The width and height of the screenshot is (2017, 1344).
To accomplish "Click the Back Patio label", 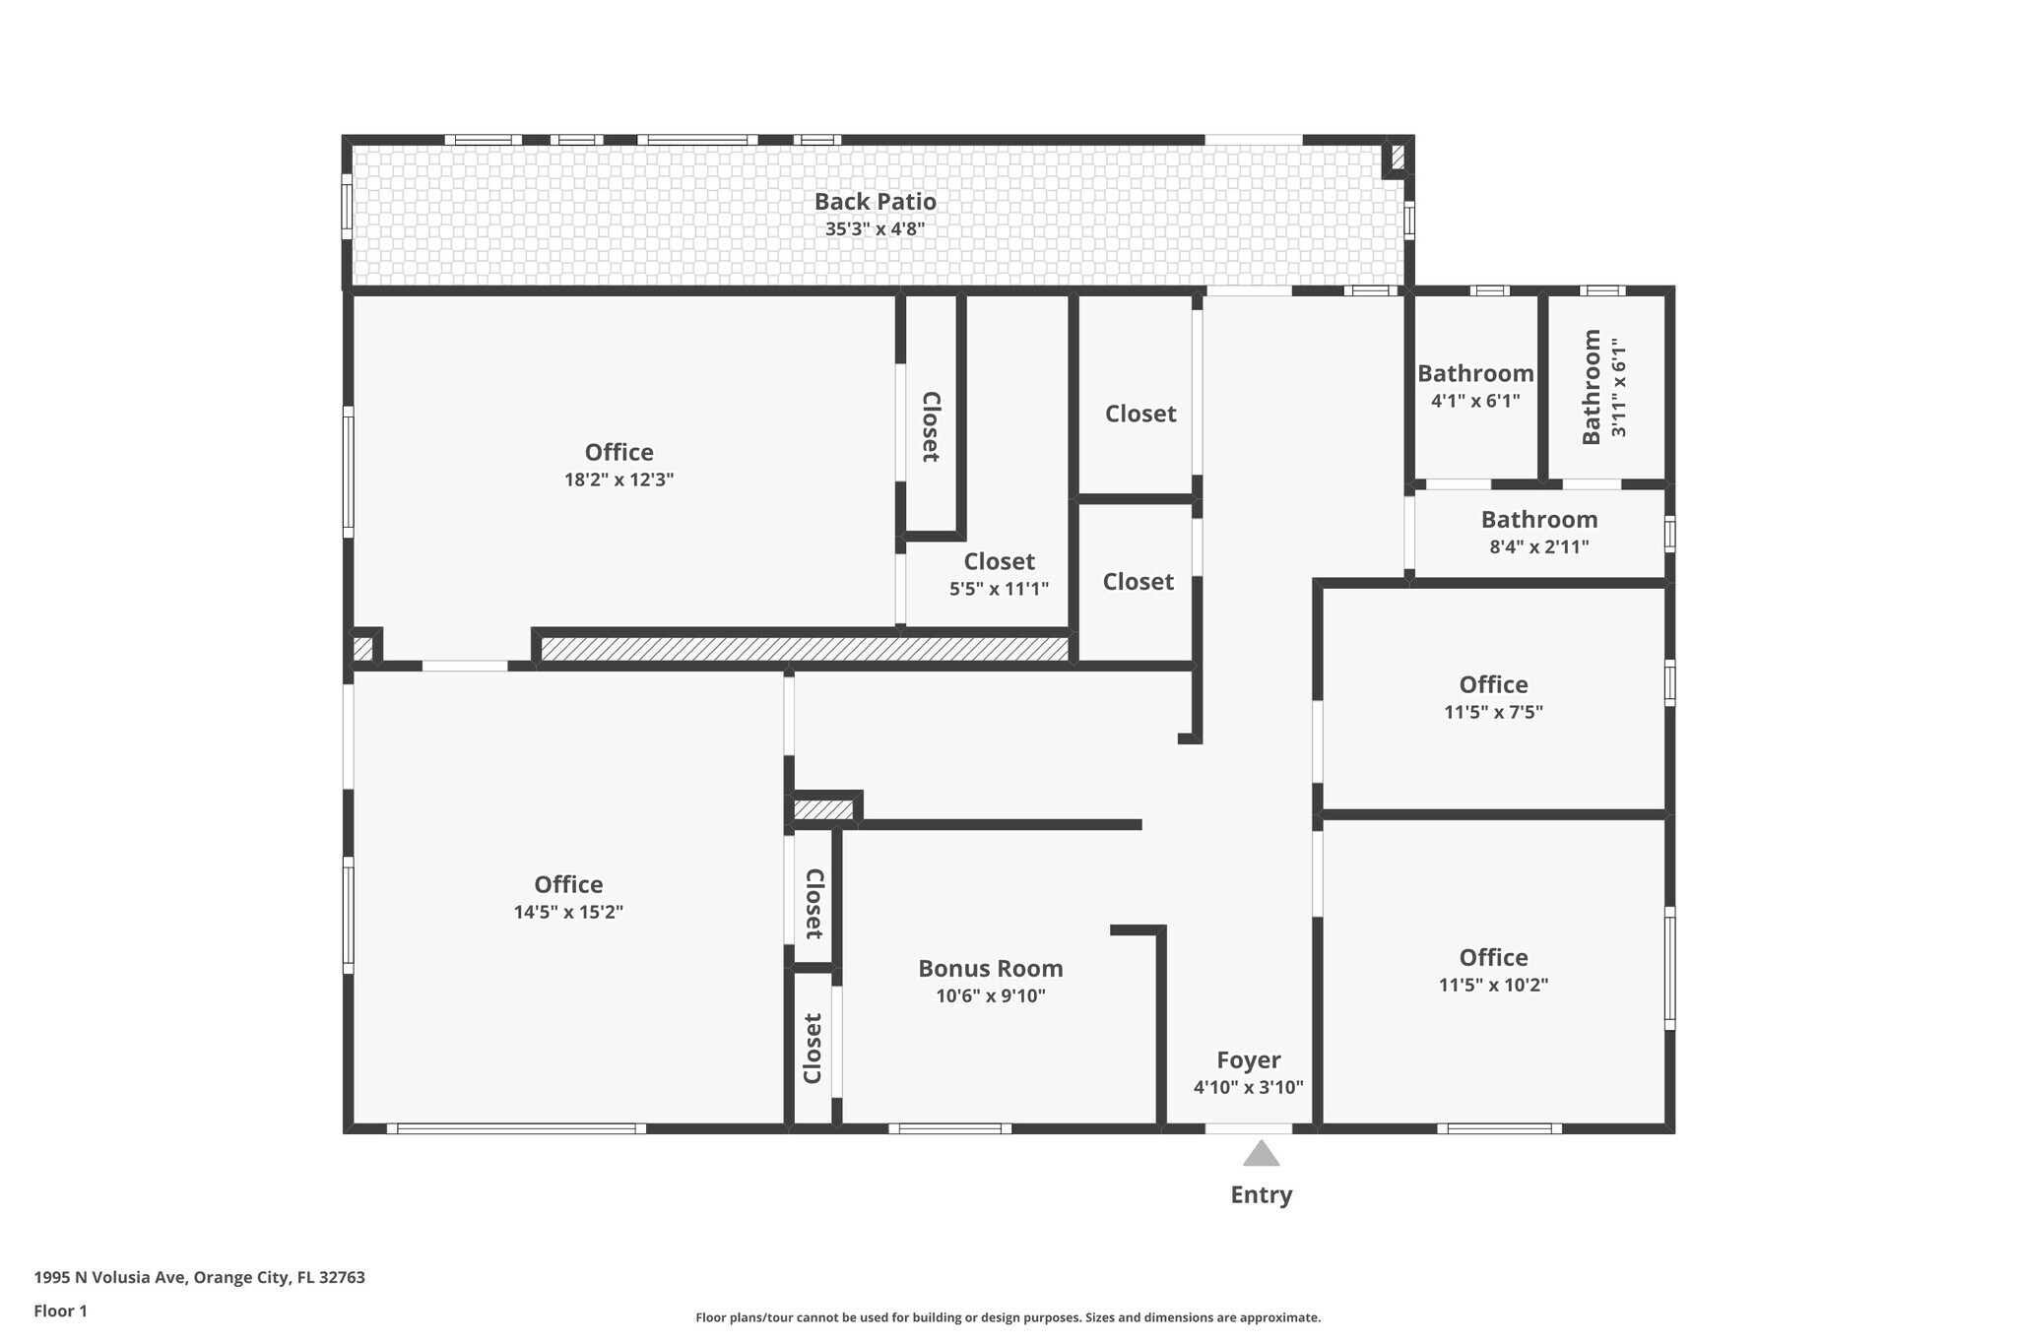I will pyautogui.click(x=875, y=202).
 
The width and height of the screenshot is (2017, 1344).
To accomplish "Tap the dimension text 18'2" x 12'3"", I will pyautogui.click(x=618, y=480).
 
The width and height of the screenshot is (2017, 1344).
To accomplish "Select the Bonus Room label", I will pyautogui.click(x=990, y=969).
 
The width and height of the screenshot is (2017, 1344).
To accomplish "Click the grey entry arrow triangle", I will pyautogui.click(x=1261, y=1154).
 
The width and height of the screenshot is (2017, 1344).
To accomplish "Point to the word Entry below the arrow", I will pyautogui.click(x=1261, y=1195).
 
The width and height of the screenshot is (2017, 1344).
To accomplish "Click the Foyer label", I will pyautogui.click(x=1248, y=1060).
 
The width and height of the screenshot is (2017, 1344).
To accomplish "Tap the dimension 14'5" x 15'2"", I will pyautogui.click(x=568, y=913).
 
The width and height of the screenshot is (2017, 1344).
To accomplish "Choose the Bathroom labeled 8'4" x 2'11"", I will pyautogui.click(x=1538, y=520).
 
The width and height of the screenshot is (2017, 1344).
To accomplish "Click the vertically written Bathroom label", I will pyautogui.click(x=1592, y=387).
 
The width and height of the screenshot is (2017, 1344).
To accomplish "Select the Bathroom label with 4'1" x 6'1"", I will pyautogui.click(x=1474, y=374).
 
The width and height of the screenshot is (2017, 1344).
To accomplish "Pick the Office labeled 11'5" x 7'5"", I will pyautogui.click(x=1493, y=685).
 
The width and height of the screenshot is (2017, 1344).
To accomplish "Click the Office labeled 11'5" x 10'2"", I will pyautogui.click(x=1493, y=958).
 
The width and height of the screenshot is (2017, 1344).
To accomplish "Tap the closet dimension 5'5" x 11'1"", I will pyautogui.click(x=999, y=590).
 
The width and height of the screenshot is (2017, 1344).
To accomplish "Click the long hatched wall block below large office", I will pyautogui.click(x=805, y=649).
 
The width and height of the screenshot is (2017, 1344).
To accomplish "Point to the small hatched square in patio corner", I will pyautogui.click(x=1397, y=157).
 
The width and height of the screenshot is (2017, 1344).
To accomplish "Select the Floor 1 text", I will pyautogui.click(x=60, y=1312).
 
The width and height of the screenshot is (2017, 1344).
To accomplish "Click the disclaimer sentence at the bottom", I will pyautogui.click(x=1008, y=1317).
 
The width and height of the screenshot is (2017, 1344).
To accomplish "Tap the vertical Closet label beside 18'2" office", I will pyautogui.click(x=930, y=426).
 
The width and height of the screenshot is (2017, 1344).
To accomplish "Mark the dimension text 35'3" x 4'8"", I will pyautogui.click(x=875, y=230).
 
